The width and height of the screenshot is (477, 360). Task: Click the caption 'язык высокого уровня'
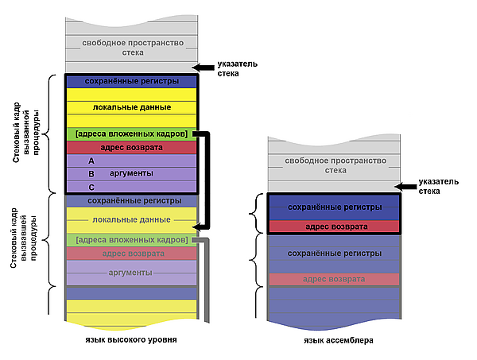[x=130, y=339]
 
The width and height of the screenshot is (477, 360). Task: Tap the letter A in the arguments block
[x=91, y=161]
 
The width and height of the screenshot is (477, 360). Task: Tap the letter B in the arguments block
[x=91, y=173]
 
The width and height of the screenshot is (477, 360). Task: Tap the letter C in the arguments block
[x=91, y=187]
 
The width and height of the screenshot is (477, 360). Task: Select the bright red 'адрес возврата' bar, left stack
[x=131, y=147]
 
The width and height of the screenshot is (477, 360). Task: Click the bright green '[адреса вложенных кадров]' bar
[x=131, y=134]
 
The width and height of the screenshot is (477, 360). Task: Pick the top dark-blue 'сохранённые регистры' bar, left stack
[x=131, y=81]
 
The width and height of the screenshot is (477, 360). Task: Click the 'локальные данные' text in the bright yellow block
[x=131, y=106]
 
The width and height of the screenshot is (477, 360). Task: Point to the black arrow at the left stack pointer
[x=205, y=68]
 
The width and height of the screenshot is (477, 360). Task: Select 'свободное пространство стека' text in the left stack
[x=132, y=47]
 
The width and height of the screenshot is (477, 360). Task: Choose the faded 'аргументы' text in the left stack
[x=131, y=273]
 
